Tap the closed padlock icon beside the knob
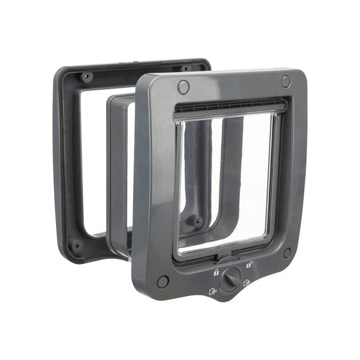coord(216,272)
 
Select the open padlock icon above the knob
coord(249,265)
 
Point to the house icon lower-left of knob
coord(212,292)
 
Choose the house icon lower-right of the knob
coord(247,283)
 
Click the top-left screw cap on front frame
coord(184,86)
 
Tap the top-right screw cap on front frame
coord(286,80)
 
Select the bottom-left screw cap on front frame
coord(163,282)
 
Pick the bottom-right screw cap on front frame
coord(287,253)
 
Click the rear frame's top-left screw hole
coord(86,76)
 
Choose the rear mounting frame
coord(68,162)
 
